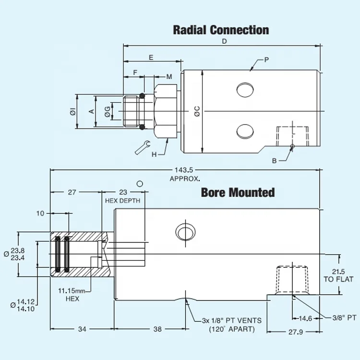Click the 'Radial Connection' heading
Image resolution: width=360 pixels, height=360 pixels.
point(221,30)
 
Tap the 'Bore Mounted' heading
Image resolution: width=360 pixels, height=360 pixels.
point(238,193)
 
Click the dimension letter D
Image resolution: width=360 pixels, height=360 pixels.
point(224,42)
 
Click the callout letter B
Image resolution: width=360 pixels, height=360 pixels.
point(274,161)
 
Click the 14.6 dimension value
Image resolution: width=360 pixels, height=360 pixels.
point(305,318)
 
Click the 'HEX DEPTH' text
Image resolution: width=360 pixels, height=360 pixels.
point(123,201)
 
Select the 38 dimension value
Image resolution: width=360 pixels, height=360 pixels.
point(156,329)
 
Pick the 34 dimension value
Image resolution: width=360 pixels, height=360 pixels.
point(82,329)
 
